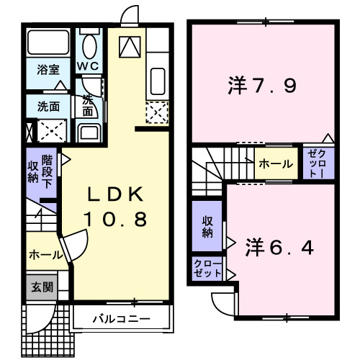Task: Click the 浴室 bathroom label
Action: pyautogui.click(x=49, y=70)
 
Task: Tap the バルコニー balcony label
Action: pyautogui.click(x=121, y=318)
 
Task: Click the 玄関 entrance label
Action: pyautogui.click(x=40, y=287)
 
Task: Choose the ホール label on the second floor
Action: pyautogui.click(x=275, y=164)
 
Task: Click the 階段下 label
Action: pyautogui.click(x=48, y=171)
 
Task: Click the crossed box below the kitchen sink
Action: pyautogui.click(x=157, y=112)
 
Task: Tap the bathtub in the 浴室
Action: pyautogui.click(x=48, y=45)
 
